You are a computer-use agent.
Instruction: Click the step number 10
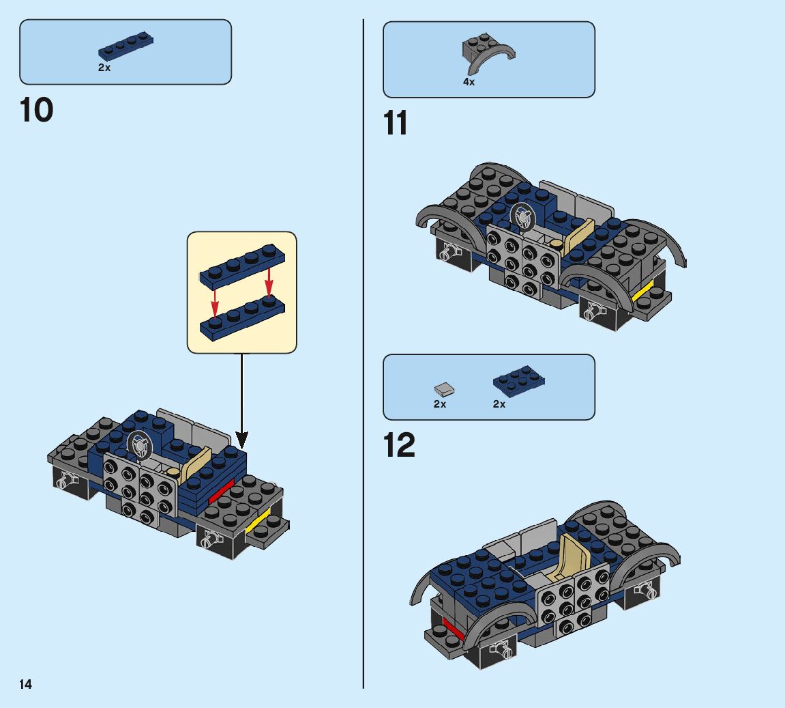[x=37, y=111]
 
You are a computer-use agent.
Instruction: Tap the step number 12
[x=399, y=446]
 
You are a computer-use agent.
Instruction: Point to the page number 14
[x=25, y=684]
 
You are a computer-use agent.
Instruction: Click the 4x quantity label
[x=469, y=82]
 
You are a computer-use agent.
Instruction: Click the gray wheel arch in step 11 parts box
[x=488, y=55]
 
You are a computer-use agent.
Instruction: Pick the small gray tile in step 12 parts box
[x=444, y=389]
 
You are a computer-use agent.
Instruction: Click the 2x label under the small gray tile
[x=440, y=404]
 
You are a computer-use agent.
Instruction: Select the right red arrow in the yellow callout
[x=269, y=280]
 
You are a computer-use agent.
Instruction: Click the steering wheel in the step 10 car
[x=140, y=446]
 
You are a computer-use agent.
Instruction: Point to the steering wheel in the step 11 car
[x=523, y=217]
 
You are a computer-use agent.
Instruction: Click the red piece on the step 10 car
[x=220, y=492]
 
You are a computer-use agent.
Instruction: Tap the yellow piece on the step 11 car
[x=642, y=293]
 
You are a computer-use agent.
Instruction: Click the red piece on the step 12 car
[x=453, y=627]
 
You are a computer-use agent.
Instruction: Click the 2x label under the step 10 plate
[x=104, y=68]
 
